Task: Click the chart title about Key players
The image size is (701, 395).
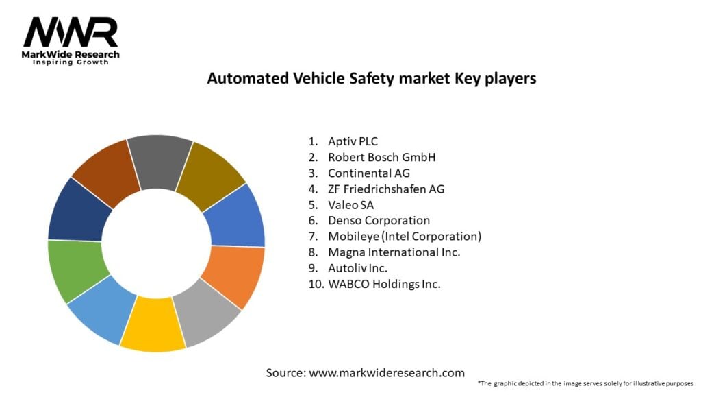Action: [371, 79]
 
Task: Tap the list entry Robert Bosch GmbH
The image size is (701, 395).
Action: [381, 158]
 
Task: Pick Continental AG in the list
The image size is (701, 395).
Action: [369, 173]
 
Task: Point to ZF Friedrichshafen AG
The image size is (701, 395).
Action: [385, 189]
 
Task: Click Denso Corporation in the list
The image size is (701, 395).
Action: [379, 221]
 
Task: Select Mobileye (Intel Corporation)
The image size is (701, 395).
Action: [405, 237]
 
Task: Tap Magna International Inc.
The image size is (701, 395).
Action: [394, 252]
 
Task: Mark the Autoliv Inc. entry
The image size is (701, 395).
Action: [361, 268]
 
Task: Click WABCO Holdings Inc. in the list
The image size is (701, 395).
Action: [384, 284]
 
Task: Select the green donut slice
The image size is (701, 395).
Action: [77, 270]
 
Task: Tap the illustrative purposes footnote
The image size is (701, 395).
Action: [585, 383]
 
